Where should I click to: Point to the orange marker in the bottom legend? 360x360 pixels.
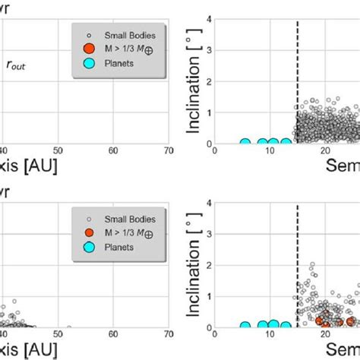pyautogui.click(x=90, y=232)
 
